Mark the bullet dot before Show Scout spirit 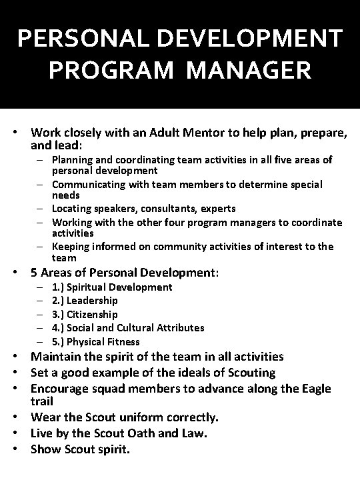click(x=21, y=449)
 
